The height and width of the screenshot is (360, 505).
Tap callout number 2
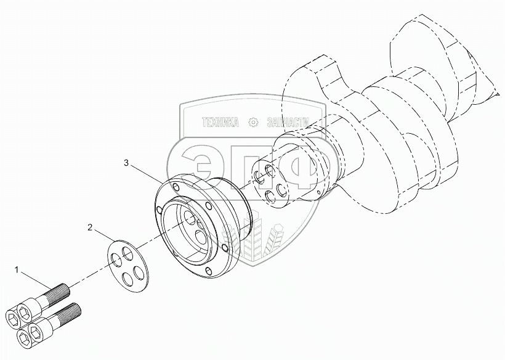coord(91,227)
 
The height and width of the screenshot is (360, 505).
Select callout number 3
coord(126,163)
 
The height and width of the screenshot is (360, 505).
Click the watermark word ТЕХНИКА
coord(220,123)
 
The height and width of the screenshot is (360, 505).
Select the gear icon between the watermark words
coord(252,123)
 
